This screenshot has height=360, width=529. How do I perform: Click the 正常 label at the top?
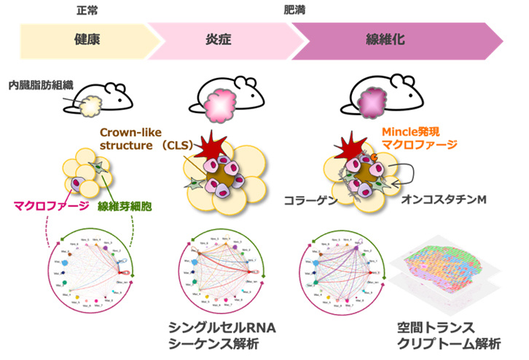(87, 12)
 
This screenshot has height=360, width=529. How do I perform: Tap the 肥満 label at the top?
(295, 12)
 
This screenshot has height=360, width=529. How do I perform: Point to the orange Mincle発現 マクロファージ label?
(418, 138)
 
